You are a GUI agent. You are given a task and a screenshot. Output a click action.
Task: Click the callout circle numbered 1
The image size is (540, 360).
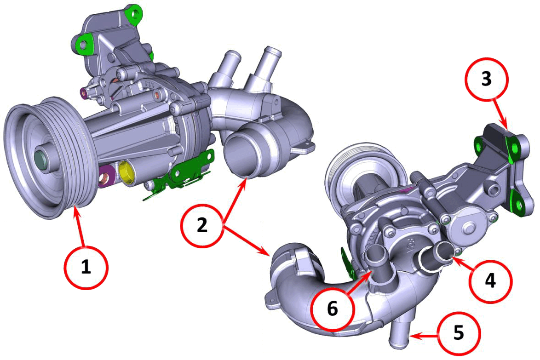click(86, 267)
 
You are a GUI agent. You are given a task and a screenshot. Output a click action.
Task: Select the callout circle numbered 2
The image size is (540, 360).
click(202, 225)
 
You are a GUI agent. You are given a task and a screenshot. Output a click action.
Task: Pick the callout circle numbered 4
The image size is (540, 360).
click(490, 281)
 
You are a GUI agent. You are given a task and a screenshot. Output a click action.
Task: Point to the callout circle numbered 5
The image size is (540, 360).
click(459, 333)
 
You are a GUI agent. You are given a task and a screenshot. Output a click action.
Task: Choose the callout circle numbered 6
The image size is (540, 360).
click(333, 309)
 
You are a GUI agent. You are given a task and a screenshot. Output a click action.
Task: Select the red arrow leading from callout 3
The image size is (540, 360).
click(500, 114)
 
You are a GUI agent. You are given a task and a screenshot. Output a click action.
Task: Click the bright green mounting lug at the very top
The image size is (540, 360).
click(134, 14)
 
